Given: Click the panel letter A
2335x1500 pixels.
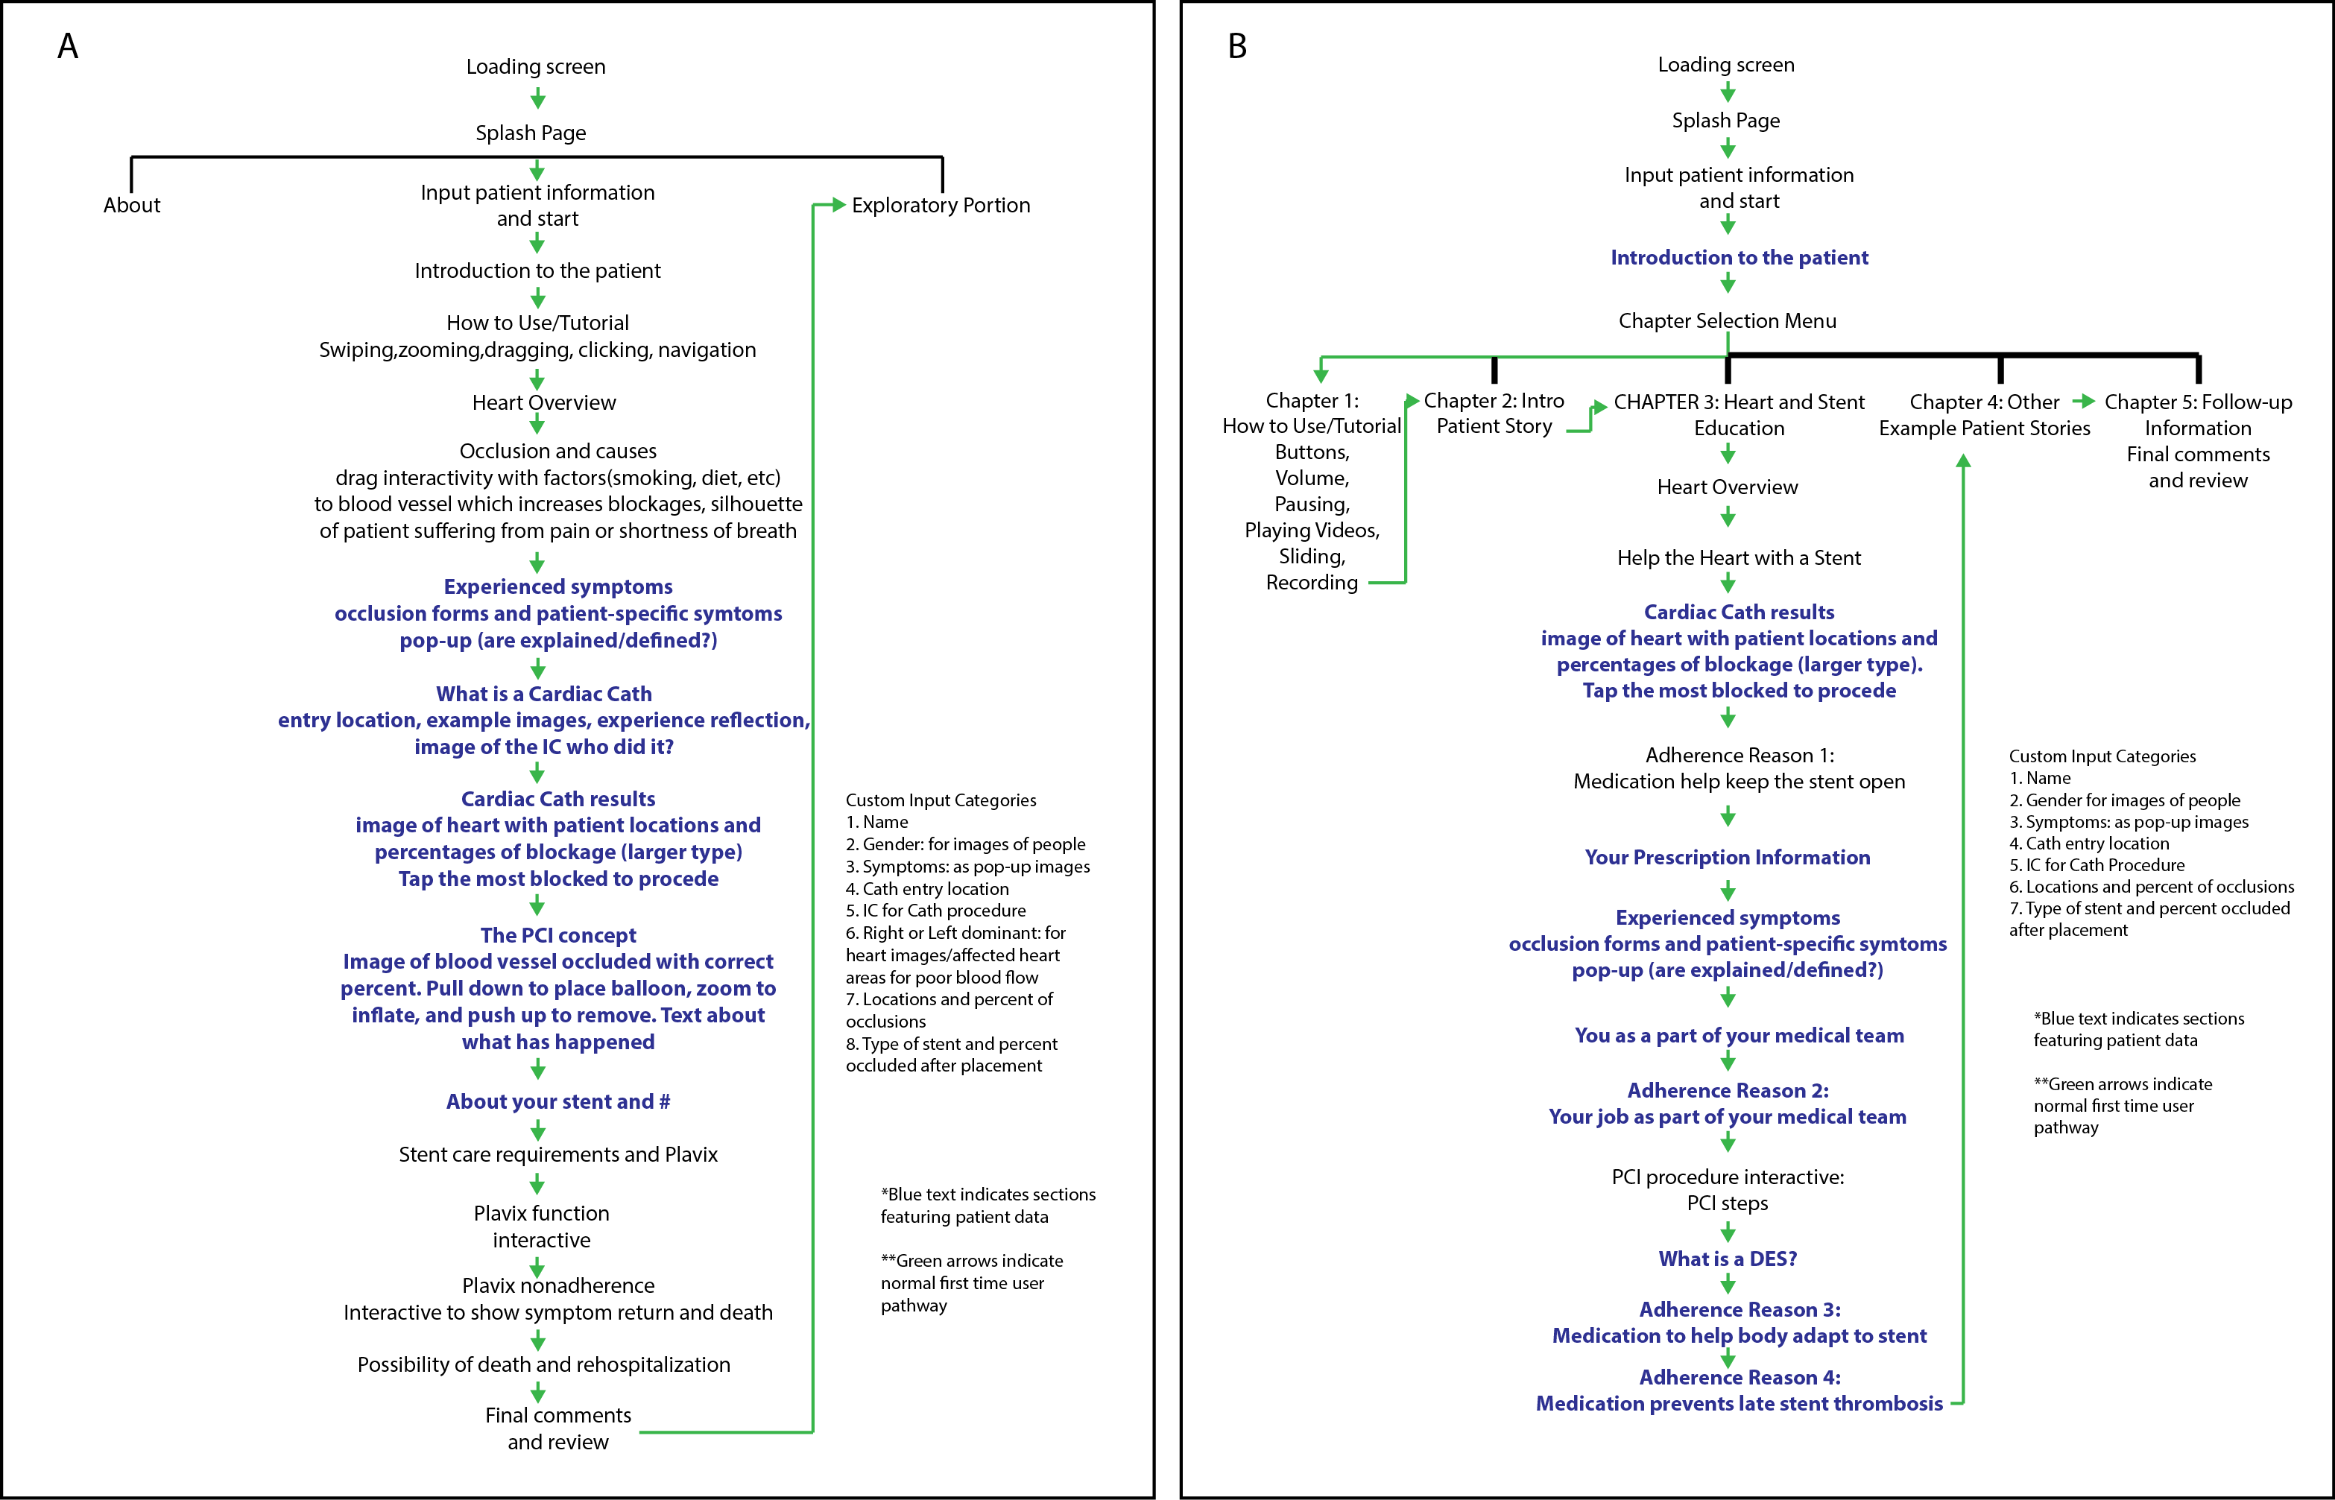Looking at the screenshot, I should coord(67,45).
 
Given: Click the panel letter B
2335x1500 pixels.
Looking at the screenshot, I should coord(1236,45).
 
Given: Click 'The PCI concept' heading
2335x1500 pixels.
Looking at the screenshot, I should coord(558,935).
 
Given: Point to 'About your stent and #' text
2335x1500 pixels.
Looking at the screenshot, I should coord(558,1101).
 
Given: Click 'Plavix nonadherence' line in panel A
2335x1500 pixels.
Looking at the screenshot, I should coord(558,1285).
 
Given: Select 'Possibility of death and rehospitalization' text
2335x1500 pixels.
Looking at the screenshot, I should coord(543,1364).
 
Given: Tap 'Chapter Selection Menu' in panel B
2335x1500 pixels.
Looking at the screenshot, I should coord(1727,320).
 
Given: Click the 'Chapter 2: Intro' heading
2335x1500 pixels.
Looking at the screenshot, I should coord(1494,400).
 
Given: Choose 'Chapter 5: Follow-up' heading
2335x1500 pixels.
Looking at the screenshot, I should coord(2198,402).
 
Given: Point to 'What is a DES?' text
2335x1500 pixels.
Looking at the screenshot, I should coord(1727,1259).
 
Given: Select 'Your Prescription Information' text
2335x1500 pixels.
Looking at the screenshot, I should coord(1727,857).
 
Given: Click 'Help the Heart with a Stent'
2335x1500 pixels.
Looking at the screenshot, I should coord(1739,558).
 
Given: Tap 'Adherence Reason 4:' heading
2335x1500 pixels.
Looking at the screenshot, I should coord(1739,1377).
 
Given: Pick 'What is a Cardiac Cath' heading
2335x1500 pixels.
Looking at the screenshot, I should coord(543,694).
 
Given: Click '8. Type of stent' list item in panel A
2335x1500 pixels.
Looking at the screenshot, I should coord(951,1044).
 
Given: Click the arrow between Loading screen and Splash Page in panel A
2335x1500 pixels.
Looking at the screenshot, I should coord(537,98).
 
